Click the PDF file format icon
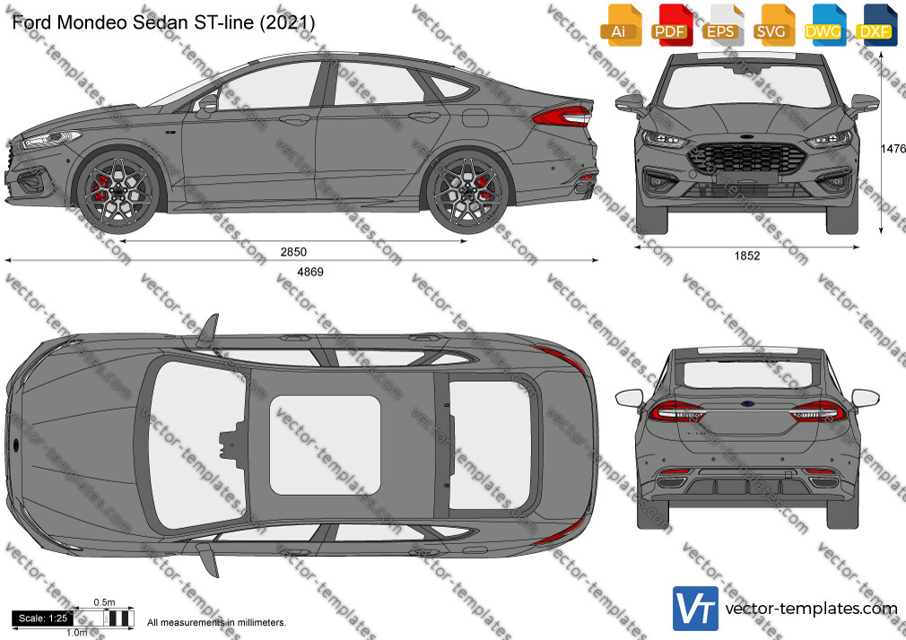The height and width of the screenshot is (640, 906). tap(671, 25)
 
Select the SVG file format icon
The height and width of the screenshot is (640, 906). tap(772, 25)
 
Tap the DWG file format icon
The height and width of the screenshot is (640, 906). tap(823, 25)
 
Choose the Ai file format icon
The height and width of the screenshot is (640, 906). tap(621, 25)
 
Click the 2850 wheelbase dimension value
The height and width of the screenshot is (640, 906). tap(293, 252)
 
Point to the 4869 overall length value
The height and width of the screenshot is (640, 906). tap(310, 272)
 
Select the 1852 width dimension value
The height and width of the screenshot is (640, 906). tap(747, 255)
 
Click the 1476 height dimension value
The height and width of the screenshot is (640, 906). tap(893, 149)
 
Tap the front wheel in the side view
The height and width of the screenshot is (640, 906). tap(118, 191)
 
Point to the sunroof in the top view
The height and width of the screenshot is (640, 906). tap(326, 445)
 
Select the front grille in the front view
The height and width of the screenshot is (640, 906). tap(746, 159)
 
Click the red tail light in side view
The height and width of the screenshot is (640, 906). tap(562, 117)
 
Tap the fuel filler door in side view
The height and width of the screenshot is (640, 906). tap(475, 117)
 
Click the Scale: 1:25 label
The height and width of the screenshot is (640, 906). tap(43, 618)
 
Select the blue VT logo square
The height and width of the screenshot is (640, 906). tap(696, 609)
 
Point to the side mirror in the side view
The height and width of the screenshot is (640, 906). tap(207, 104)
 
